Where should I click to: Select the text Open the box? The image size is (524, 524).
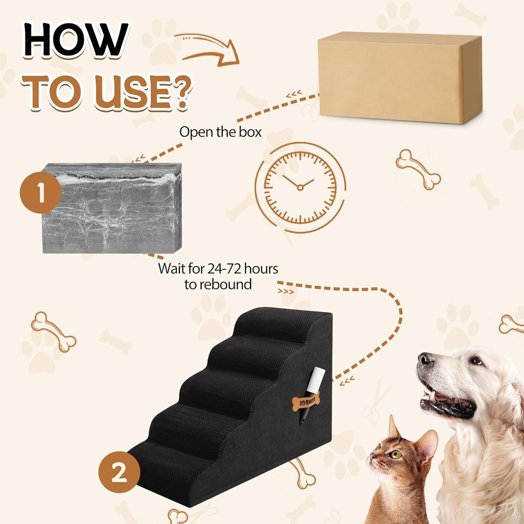click(220, 132)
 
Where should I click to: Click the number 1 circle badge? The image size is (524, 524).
click(40, 193)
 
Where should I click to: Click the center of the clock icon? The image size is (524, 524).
click(300, 187)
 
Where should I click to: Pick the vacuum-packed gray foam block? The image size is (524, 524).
click(112, 209)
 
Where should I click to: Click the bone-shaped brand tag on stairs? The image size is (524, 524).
click(305, 402)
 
